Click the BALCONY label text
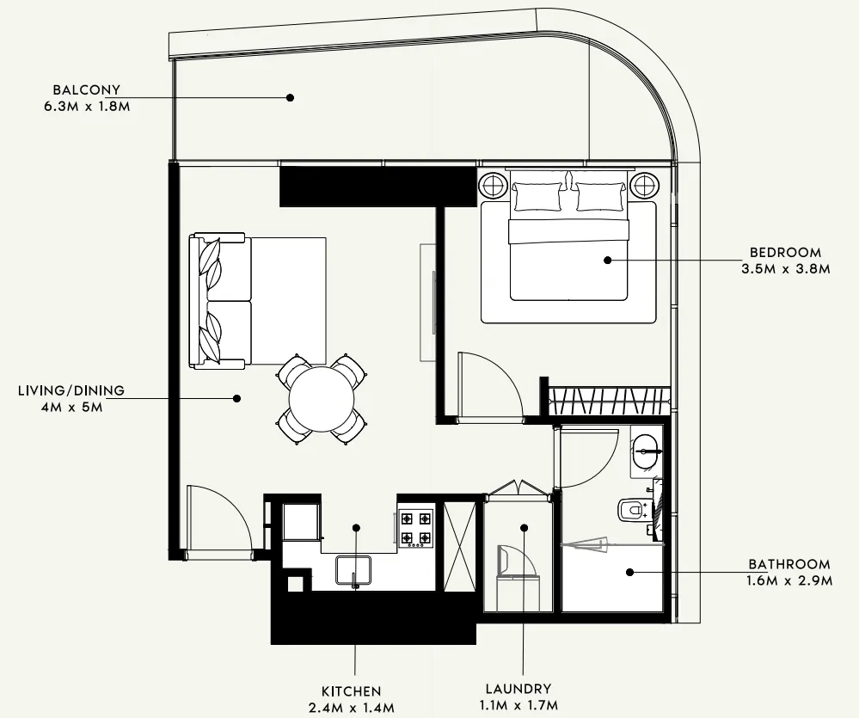(87, 89)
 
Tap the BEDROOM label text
(786, 253)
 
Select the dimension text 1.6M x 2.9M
(789, 580)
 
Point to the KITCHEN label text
(351, 691)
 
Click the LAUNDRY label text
(518, 689)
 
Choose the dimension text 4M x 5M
(71, 407)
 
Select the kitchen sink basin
(353, 571)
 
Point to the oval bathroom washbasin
(645, 451)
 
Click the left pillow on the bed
(537, 197)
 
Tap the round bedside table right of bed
(644, 186)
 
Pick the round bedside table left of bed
(493, 186)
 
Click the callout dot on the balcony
(291, 97)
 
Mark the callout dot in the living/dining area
(236, 398)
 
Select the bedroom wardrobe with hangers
(609, 402)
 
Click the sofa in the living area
(219, 301)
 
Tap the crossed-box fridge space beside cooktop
(460, 546)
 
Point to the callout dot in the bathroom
(630, 572)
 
